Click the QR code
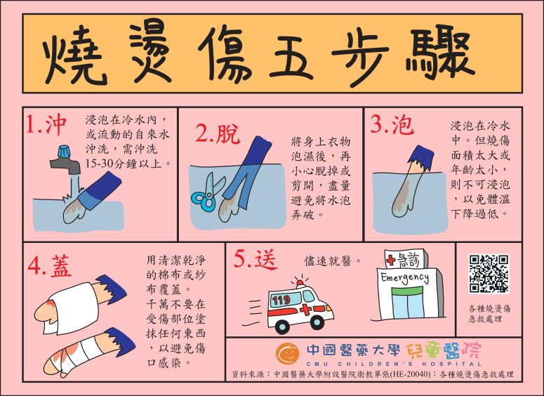489,274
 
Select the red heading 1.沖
46,124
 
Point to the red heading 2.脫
217,133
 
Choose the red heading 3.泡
392,124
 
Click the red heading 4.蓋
50,266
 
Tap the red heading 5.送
256,259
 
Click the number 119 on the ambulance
281,300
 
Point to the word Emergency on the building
404,277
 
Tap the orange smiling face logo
288,354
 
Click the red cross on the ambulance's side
306,309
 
